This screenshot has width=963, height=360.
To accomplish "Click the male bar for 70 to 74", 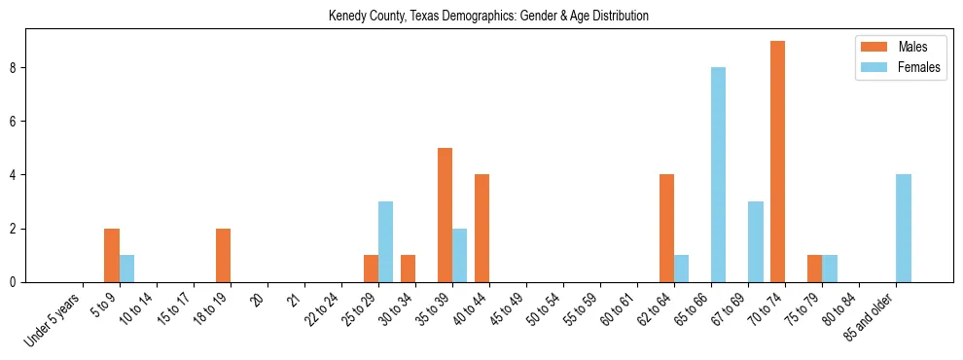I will tap(777, 162).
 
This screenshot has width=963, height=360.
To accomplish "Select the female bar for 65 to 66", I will tap(718, 175).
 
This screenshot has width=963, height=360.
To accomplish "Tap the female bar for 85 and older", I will tap(903, 229).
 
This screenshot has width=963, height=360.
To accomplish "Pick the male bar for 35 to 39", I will tap(445, 215).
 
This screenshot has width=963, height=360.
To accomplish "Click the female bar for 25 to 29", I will tap(385, 242).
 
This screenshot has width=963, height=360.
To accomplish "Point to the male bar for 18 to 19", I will tap(223, 256).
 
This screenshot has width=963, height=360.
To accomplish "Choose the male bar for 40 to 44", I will tap(481, 229).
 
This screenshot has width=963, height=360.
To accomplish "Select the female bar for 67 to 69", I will tap(755, 242).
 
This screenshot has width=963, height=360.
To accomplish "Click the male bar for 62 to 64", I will tap(666, 229).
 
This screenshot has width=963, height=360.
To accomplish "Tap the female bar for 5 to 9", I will tap(126, 269).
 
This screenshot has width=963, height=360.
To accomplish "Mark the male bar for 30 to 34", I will tap(408, 269).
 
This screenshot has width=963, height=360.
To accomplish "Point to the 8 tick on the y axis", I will tap(17, 68).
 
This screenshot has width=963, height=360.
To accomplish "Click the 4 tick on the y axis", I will tap(17, 175).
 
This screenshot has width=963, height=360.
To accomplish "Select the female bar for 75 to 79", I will tap(829, 269).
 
